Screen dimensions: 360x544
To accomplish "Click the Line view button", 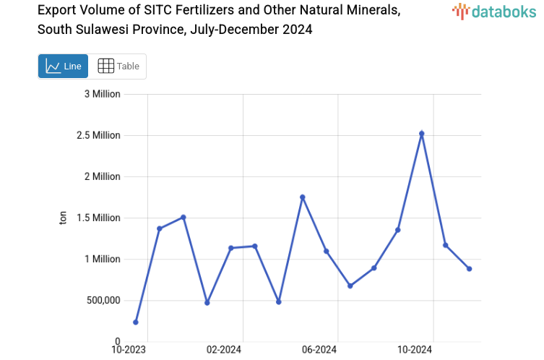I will (x=63, y=66).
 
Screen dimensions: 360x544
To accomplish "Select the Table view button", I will (x=118, y=66).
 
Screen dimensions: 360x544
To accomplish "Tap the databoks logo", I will (x=494, y=11).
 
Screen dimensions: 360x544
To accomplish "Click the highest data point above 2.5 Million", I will (x=422, y=134).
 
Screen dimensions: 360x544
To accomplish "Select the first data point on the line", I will (x=136, y=322).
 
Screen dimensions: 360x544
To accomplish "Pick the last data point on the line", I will (x=469, y=269).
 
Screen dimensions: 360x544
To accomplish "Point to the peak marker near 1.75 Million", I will (x=303, y=197).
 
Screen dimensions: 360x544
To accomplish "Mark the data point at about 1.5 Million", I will (x=184, y=218).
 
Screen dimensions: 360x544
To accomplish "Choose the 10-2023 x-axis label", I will (x=129, y=351).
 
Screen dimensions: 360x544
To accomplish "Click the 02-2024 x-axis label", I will (x=224, y=351).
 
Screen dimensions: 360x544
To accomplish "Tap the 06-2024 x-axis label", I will (x=319, y=351).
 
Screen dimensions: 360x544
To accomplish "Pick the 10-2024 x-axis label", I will (x=415, y=351).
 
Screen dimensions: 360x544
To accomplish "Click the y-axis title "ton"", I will (x=63, y=218).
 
